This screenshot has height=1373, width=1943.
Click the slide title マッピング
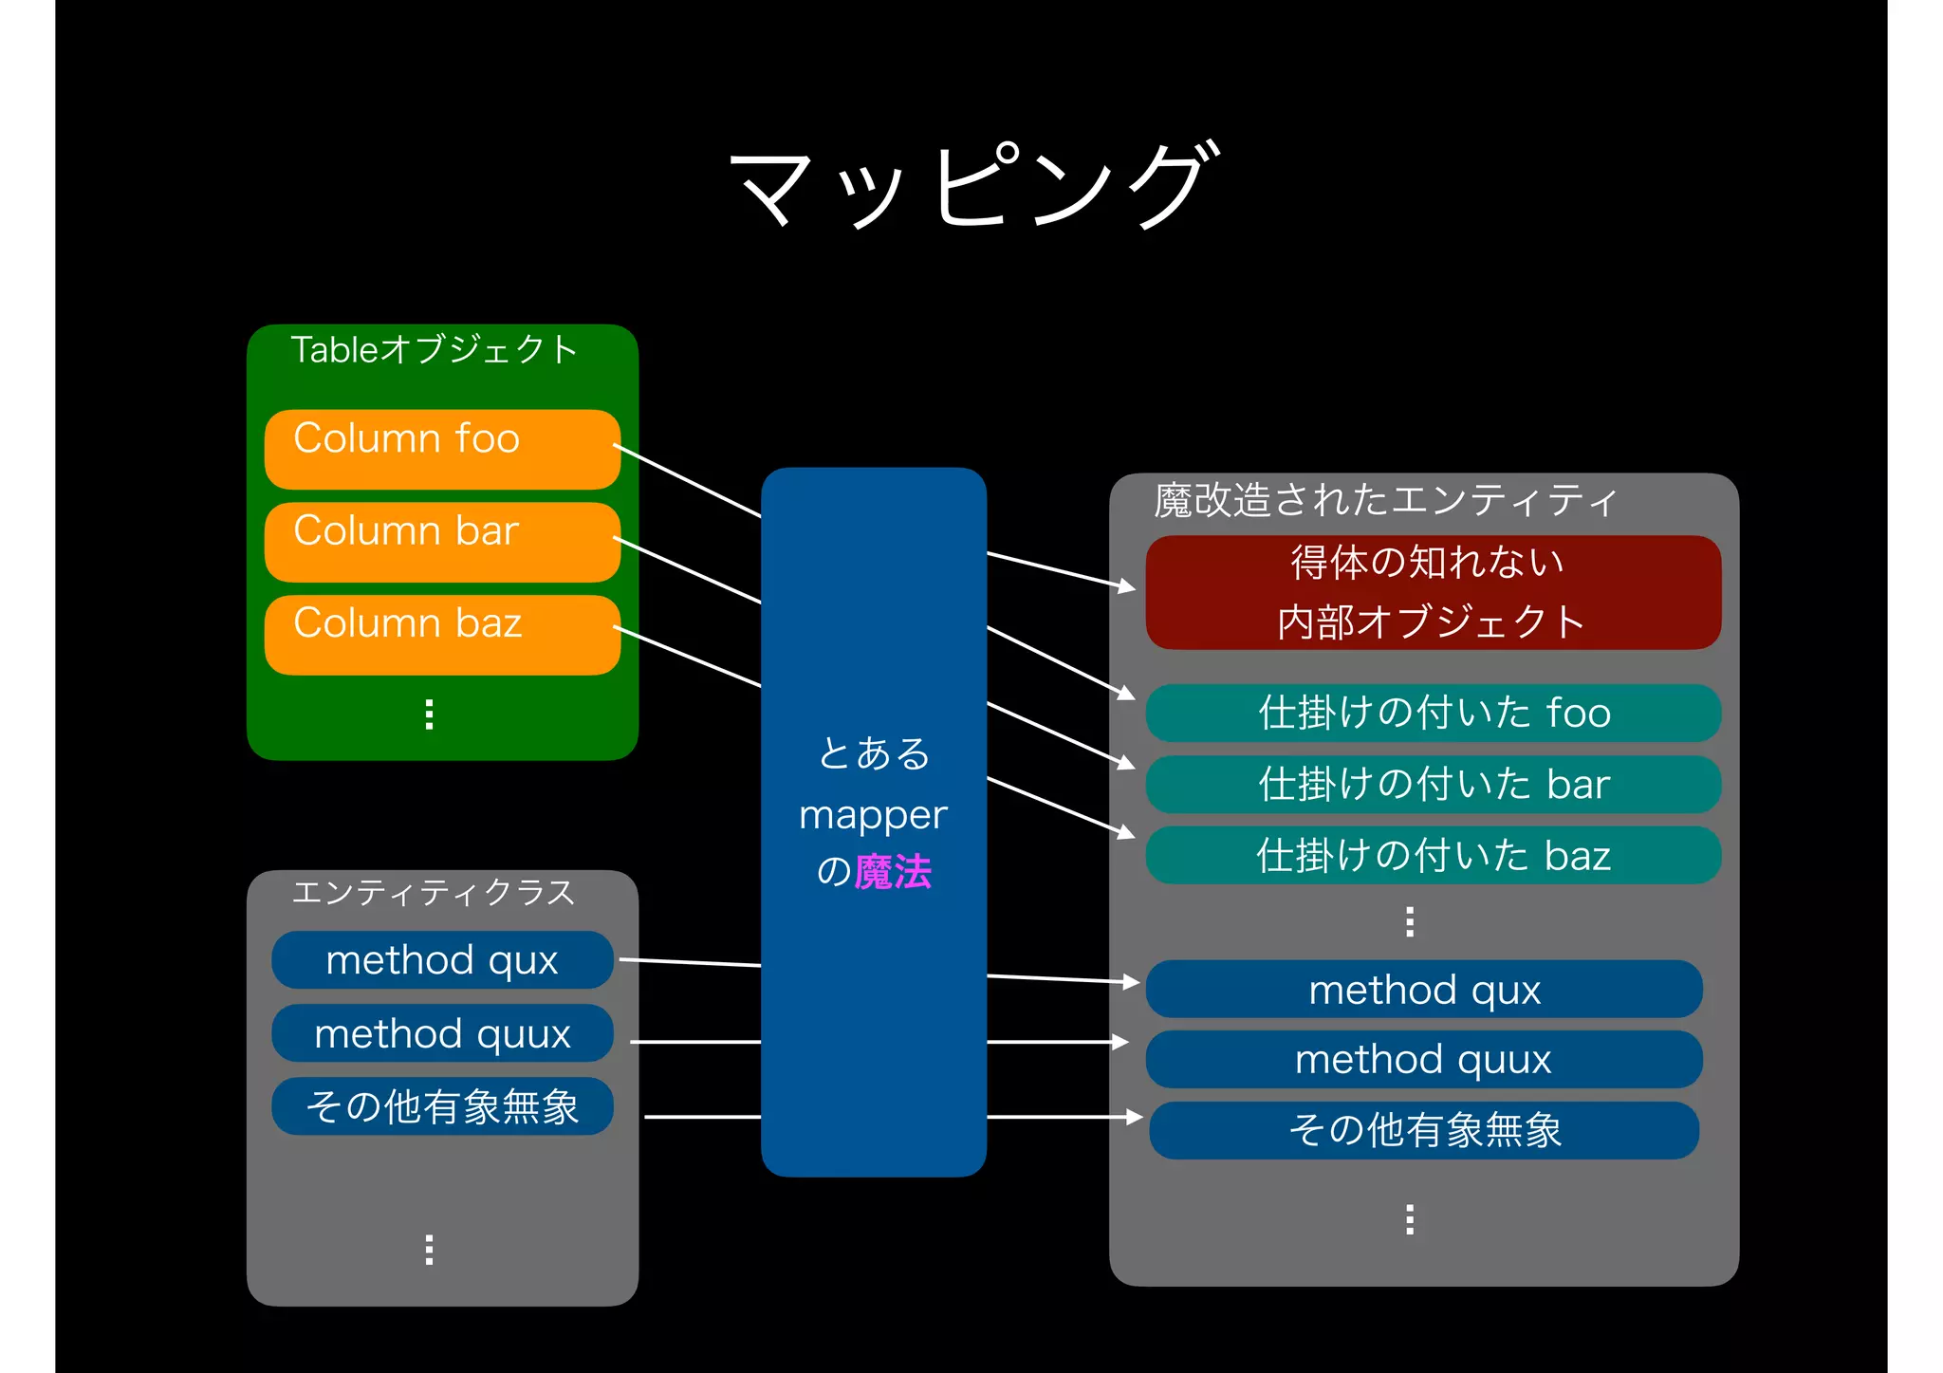coord(971,185)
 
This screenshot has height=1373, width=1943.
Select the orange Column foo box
coord(442,449)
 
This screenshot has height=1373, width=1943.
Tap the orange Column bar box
coord(442,541)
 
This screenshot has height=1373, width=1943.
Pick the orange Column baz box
coord(442,634)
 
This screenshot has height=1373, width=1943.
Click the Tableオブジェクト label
coord(434,349)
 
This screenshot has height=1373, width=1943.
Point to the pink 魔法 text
coord(893,871)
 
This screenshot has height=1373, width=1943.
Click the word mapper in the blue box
coord(873,815)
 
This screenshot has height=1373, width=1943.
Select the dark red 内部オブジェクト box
coord(1433,592)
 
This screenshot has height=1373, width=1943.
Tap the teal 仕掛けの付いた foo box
coord(1433,713)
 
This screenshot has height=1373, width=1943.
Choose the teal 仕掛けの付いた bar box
coord(1433,784)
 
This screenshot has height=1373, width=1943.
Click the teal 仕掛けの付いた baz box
coord(1433,855)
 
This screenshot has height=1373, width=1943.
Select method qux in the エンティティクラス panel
coord(442,959)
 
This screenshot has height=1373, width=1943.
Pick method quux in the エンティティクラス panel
coord(442,1032)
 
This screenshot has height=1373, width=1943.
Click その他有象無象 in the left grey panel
coord(442,1105)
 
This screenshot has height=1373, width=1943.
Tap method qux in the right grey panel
coord(1424,989)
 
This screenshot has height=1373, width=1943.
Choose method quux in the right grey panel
coord(1424,1059)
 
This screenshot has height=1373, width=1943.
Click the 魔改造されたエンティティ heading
coord(1385,500)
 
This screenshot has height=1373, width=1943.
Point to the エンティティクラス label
coord(434,892)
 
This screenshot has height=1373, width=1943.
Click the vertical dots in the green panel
coord(430,714)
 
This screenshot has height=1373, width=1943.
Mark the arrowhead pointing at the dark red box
coord(1127,587)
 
